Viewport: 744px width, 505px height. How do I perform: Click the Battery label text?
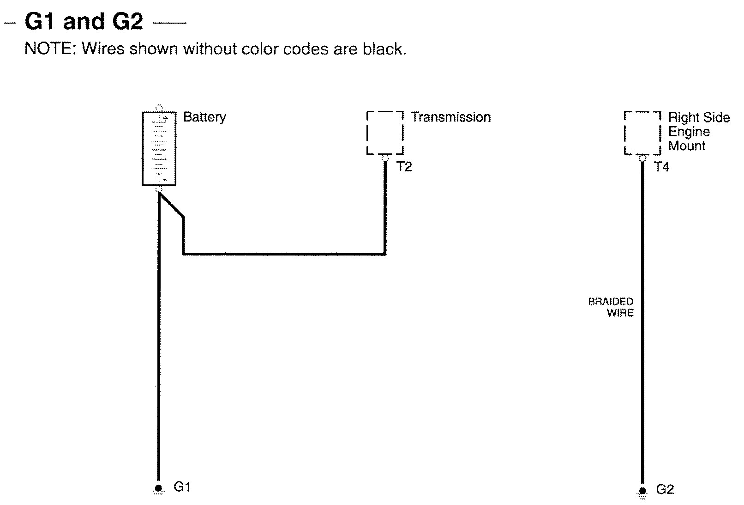tap(204, 117)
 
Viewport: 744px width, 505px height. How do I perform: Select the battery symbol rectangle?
tap(159, 148)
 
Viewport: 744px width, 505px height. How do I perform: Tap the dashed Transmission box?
tap(385, 133)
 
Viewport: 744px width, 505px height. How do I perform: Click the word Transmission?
tap(451, 117)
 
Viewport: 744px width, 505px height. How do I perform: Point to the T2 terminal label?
tap(404, 167)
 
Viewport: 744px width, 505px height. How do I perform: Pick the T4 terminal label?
tap(661, 167)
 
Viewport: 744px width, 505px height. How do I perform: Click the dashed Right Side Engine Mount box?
tap(642, 133)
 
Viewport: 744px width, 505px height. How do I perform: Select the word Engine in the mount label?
tap(689, 132)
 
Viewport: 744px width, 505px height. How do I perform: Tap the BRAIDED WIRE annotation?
tap(611, 307)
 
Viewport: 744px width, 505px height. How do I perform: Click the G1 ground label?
tap(182, 487)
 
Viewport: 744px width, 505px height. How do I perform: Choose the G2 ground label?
tap(665, 490)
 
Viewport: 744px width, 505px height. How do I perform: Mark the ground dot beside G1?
tap(159, 488)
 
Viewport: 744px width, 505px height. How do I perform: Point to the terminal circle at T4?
tap(642, 158)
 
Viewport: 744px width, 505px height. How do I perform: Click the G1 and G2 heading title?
tap(84, 21)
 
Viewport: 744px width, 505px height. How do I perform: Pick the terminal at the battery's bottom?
tap(159, 189)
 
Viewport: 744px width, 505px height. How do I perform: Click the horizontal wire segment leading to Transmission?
tap(284, 254)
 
